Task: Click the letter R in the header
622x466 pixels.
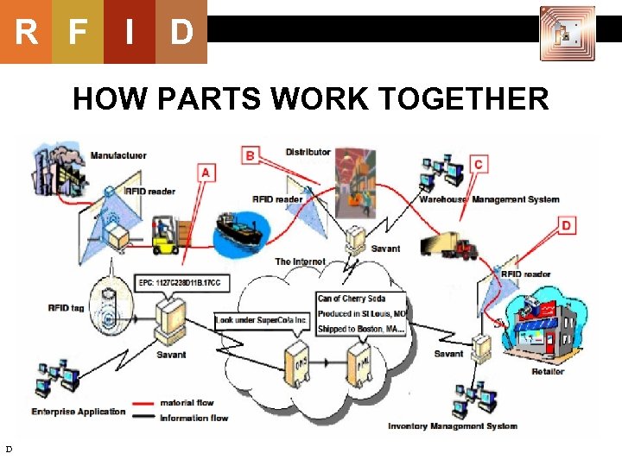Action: (x=26, y=32)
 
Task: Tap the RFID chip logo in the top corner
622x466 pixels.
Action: (x=567, y=33)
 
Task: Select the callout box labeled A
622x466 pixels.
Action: (x=205, y=172)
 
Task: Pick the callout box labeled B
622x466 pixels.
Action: (x=251, y=155)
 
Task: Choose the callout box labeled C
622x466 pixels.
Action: (x=478, y=164)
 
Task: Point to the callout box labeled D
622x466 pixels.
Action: (x=566, y=225)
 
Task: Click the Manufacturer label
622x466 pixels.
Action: (x=118, y=155)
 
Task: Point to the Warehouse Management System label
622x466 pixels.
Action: (x=489, y=199)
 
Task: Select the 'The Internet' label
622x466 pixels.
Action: (x=300, y=261)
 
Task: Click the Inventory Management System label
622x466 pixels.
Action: (x=452, y=425)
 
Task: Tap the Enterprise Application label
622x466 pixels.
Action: (x=79, y=412)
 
